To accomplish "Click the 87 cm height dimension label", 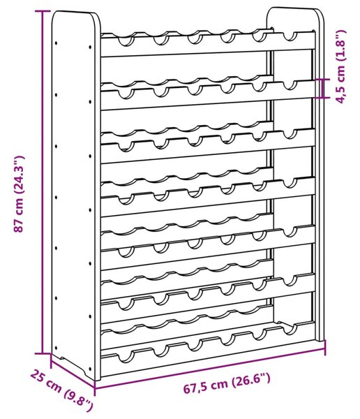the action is (x=20, y=194).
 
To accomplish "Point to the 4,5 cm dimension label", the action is (x=341, y=66).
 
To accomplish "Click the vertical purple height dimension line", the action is (x=42, y=182).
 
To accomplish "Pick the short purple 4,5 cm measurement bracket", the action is (x=322, y=88).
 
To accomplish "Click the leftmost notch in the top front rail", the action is (x=126, y=41).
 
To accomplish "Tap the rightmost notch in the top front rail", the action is (x=290, y=37).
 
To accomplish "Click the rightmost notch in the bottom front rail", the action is (x=290, y=330).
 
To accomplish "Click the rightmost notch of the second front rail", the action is (x=290, y=85).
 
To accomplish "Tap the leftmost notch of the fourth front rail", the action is (x=126, y=199).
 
